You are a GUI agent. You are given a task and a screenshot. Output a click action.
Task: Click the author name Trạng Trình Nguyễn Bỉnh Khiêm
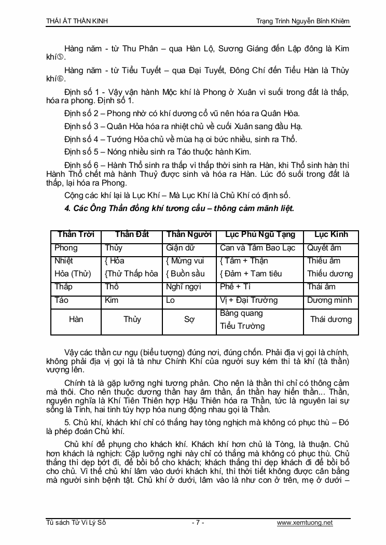coord(303,21)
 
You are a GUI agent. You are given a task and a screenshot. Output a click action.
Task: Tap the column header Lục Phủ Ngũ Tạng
coord(258,234)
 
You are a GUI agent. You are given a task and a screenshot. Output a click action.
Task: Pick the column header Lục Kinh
coord(331,234)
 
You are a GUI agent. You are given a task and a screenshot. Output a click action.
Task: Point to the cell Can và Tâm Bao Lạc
coord(257,248)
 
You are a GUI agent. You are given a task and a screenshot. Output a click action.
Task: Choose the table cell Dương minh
coord(329,300)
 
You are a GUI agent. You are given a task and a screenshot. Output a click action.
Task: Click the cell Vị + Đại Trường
coord(249,300)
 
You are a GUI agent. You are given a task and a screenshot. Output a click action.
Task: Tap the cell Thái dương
coord(331,319)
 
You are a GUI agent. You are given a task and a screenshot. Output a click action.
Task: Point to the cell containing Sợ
coord(189,319)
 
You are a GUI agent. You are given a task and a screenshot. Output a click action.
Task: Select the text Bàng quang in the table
coord(241,313)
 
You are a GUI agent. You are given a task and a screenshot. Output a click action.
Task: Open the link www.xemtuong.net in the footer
coord(305,523)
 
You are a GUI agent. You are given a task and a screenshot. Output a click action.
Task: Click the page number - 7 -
coord(198,523)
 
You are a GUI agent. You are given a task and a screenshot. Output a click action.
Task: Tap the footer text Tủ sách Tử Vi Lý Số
coord(76,523)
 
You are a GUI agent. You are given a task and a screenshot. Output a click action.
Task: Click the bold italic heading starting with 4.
coord(179,208)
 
